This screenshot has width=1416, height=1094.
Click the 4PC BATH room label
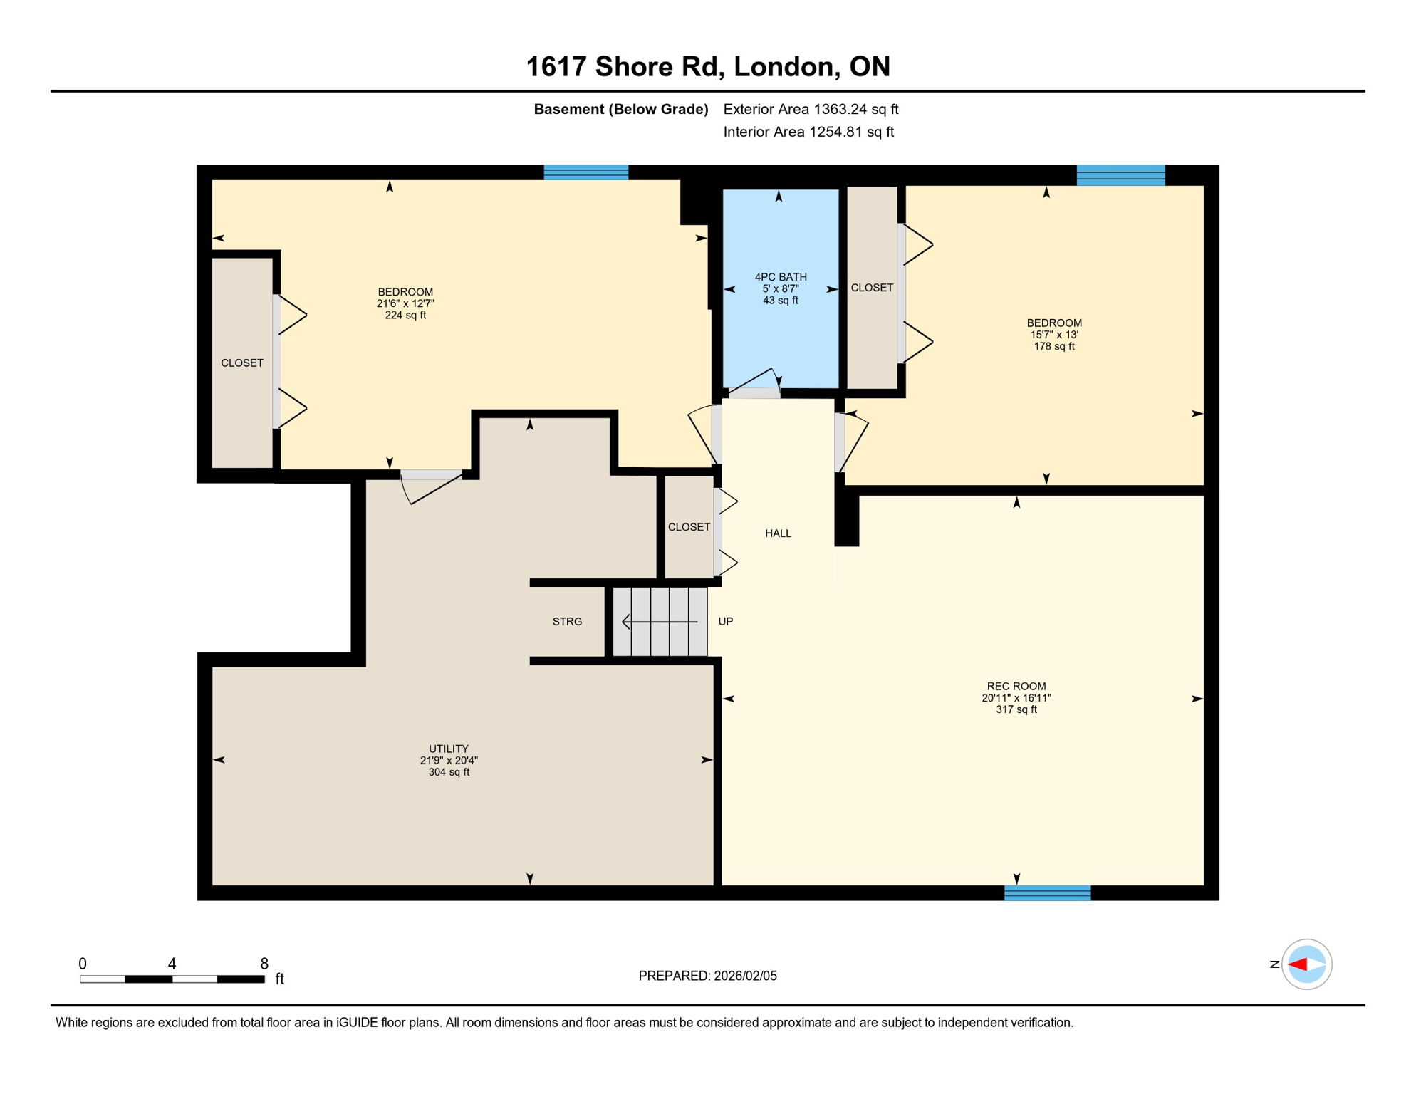point(781,277)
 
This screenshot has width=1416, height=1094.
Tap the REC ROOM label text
point(1016,687)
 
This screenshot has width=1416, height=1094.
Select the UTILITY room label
point(449,749)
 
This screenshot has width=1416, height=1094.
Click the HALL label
point(778,533)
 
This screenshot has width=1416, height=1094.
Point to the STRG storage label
point(567,622)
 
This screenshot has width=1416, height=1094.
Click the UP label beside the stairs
point(725,622)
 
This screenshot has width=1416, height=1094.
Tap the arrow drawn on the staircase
point(659,622)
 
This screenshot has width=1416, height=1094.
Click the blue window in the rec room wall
point(1047,892)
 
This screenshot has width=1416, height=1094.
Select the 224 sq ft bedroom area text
point(405,316)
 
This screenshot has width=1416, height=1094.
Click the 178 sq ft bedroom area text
point(1053,347)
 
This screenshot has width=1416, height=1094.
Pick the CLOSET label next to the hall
point(689,527)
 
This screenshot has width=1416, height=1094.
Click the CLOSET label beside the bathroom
point(872,288)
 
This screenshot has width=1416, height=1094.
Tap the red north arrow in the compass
point(1297,964)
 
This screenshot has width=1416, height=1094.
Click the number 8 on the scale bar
point(264,964)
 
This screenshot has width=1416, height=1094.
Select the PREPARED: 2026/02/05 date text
point(707,976)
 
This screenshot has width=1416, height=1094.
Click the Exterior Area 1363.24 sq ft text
point(811,109)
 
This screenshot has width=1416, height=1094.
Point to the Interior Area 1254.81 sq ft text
point(808,132)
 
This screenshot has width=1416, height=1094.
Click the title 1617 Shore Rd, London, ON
point(707,66)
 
